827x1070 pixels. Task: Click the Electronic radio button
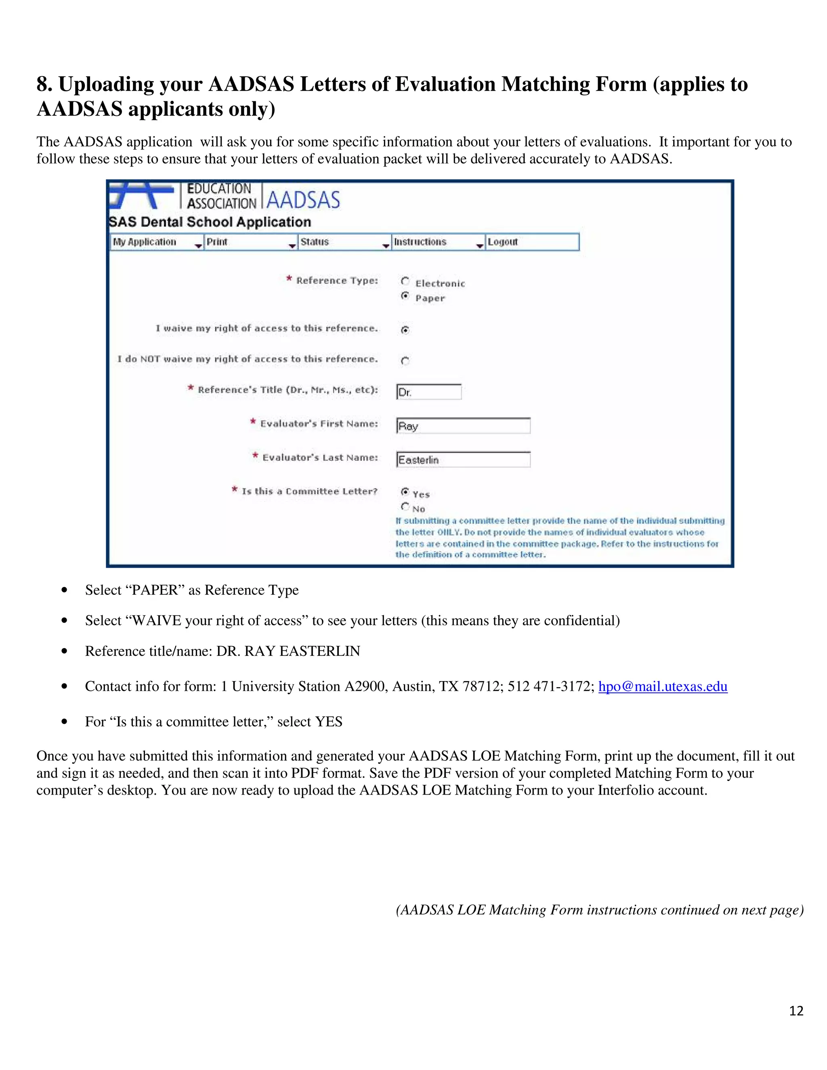pos(405,281)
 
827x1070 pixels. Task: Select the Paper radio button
pos(405,296)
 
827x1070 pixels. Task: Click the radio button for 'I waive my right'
pos(405,330)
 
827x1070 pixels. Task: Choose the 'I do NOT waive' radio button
pos(405,361)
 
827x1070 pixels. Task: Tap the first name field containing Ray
pos(463,426)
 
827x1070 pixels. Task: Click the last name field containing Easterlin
pos(463,459)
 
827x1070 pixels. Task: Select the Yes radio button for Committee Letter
pos(405,491)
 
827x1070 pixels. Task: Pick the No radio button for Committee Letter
pos(405,507)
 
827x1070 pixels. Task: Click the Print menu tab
pos(250,242)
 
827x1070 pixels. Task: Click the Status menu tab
pos(344,242)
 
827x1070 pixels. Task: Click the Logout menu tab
pos(531,242)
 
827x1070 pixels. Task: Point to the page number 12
pos(796,1011)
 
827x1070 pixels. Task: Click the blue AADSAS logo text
pos(303,200)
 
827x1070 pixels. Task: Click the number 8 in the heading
pos(43,84)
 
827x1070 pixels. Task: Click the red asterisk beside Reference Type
pos(290,279)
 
